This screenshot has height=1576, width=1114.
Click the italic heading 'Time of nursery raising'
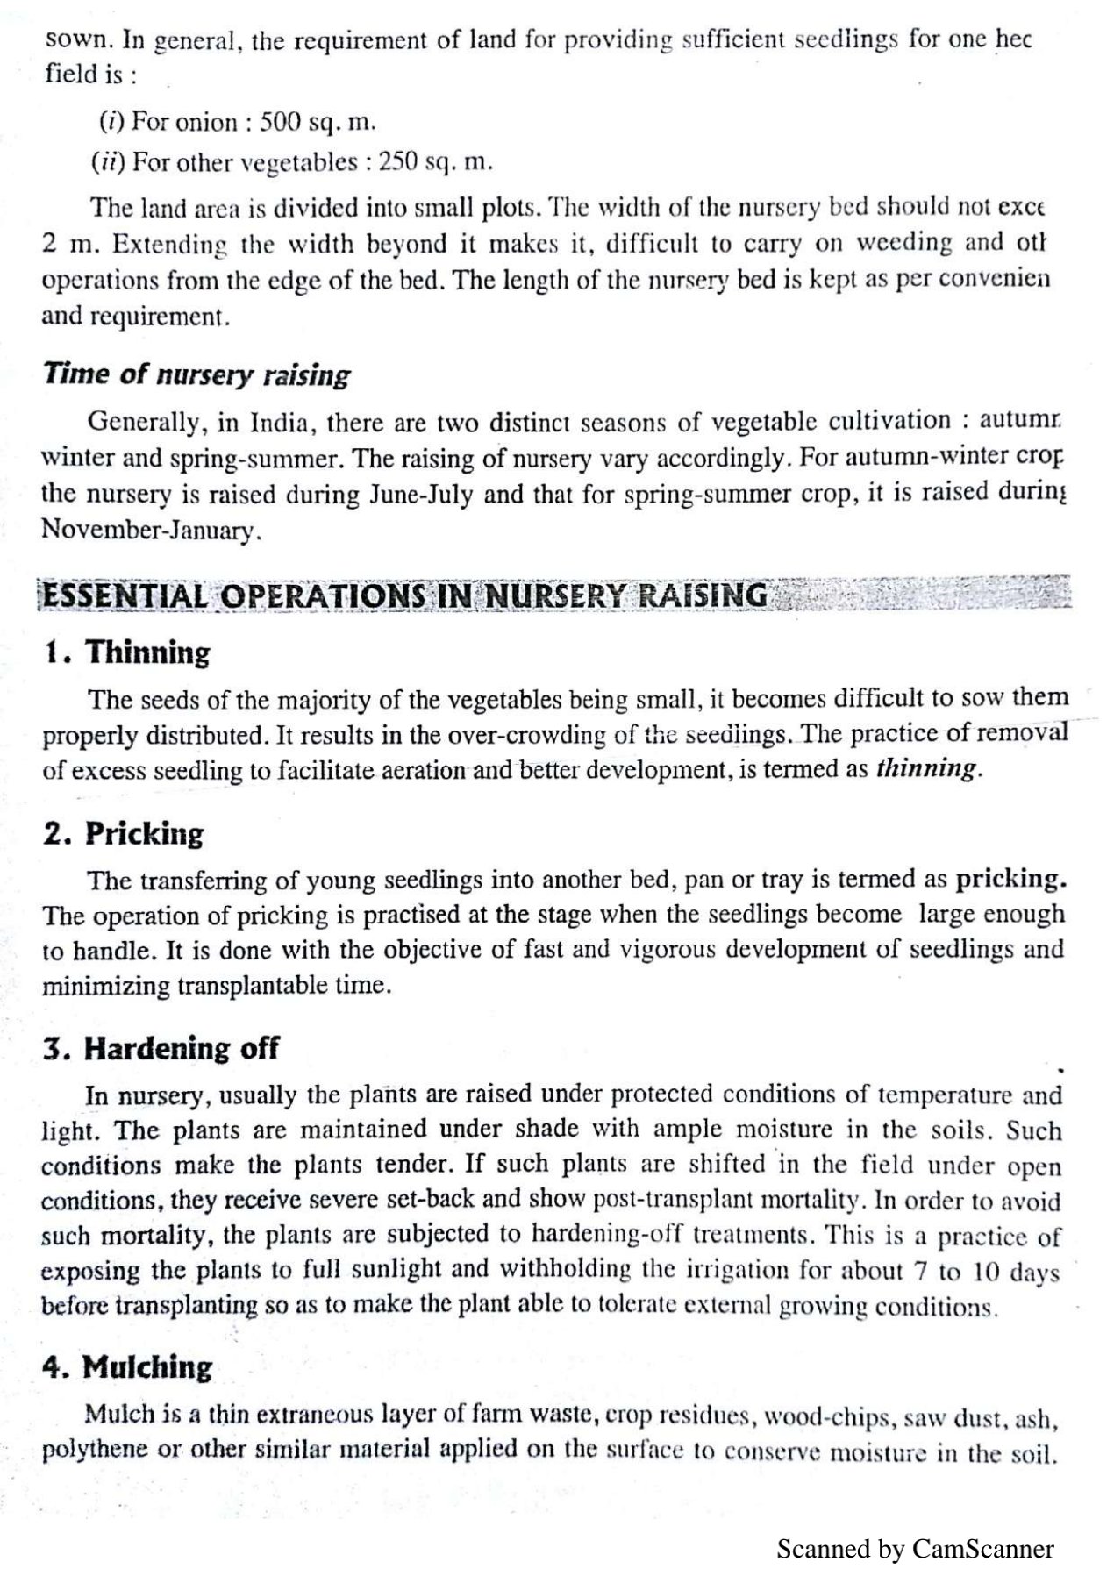pos(196,374)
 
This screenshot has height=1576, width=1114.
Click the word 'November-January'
pos(150,531)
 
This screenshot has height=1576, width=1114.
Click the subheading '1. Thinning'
pos(127,653)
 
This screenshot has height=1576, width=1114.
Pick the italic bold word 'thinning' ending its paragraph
pos(925,769)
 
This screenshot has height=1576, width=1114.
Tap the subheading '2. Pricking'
pos(123,833)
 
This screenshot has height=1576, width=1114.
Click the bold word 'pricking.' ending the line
pos(1010,878)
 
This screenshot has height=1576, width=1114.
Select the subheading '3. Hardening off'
pos(161,1048)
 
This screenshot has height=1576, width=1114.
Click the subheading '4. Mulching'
pos(128,1367)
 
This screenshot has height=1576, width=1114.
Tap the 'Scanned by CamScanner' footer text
pos(915,1549)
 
